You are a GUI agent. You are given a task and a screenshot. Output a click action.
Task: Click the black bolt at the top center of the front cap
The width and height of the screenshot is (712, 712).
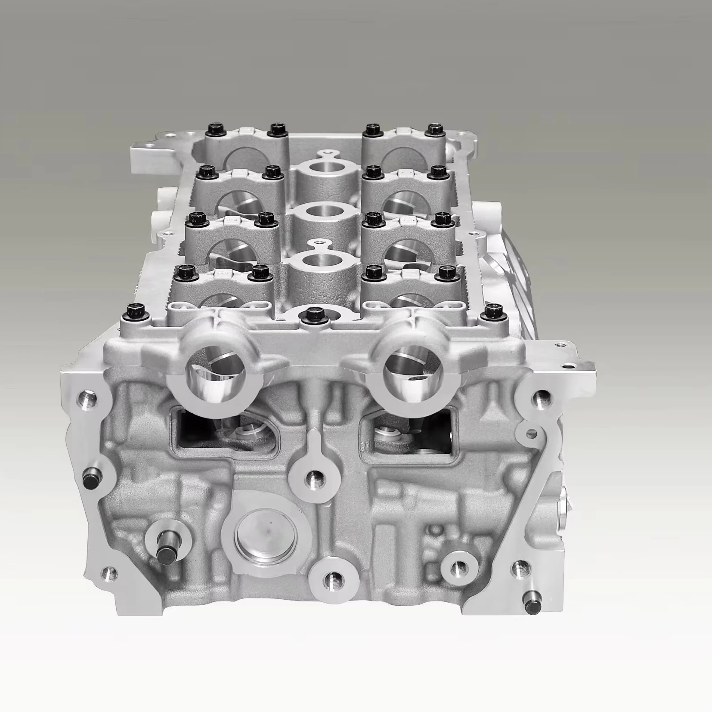313,314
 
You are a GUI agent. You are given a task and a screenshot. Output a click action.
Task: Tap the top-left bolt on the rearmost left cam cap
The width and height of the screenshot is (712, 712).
214,129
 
